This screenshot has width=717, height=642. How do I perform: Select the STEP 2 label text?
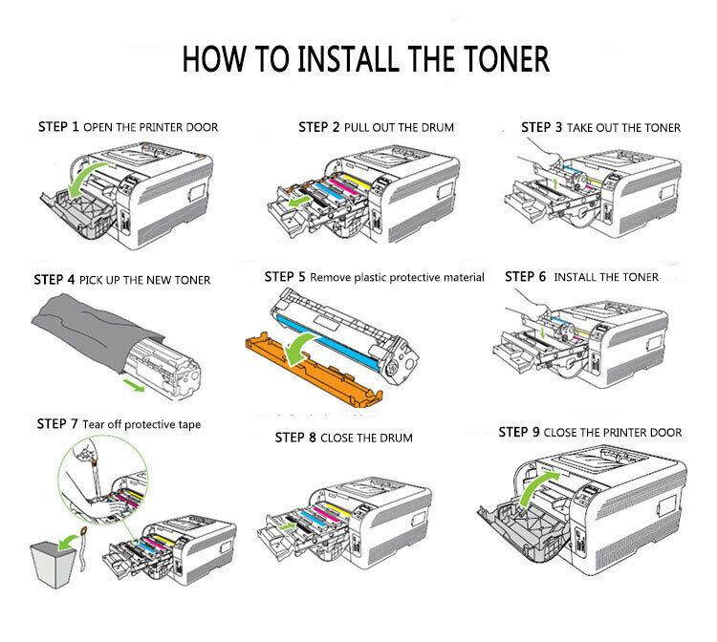click(x=319, y=126)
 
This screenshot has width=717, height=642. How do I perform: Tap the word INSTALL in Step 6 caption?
click(x=576, y=277)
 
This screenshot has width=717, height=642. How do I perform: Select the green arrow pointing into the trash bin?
click(x=68, y=537)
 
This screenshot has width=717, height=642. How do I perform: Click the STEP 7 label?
click(x=58, y=423)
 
